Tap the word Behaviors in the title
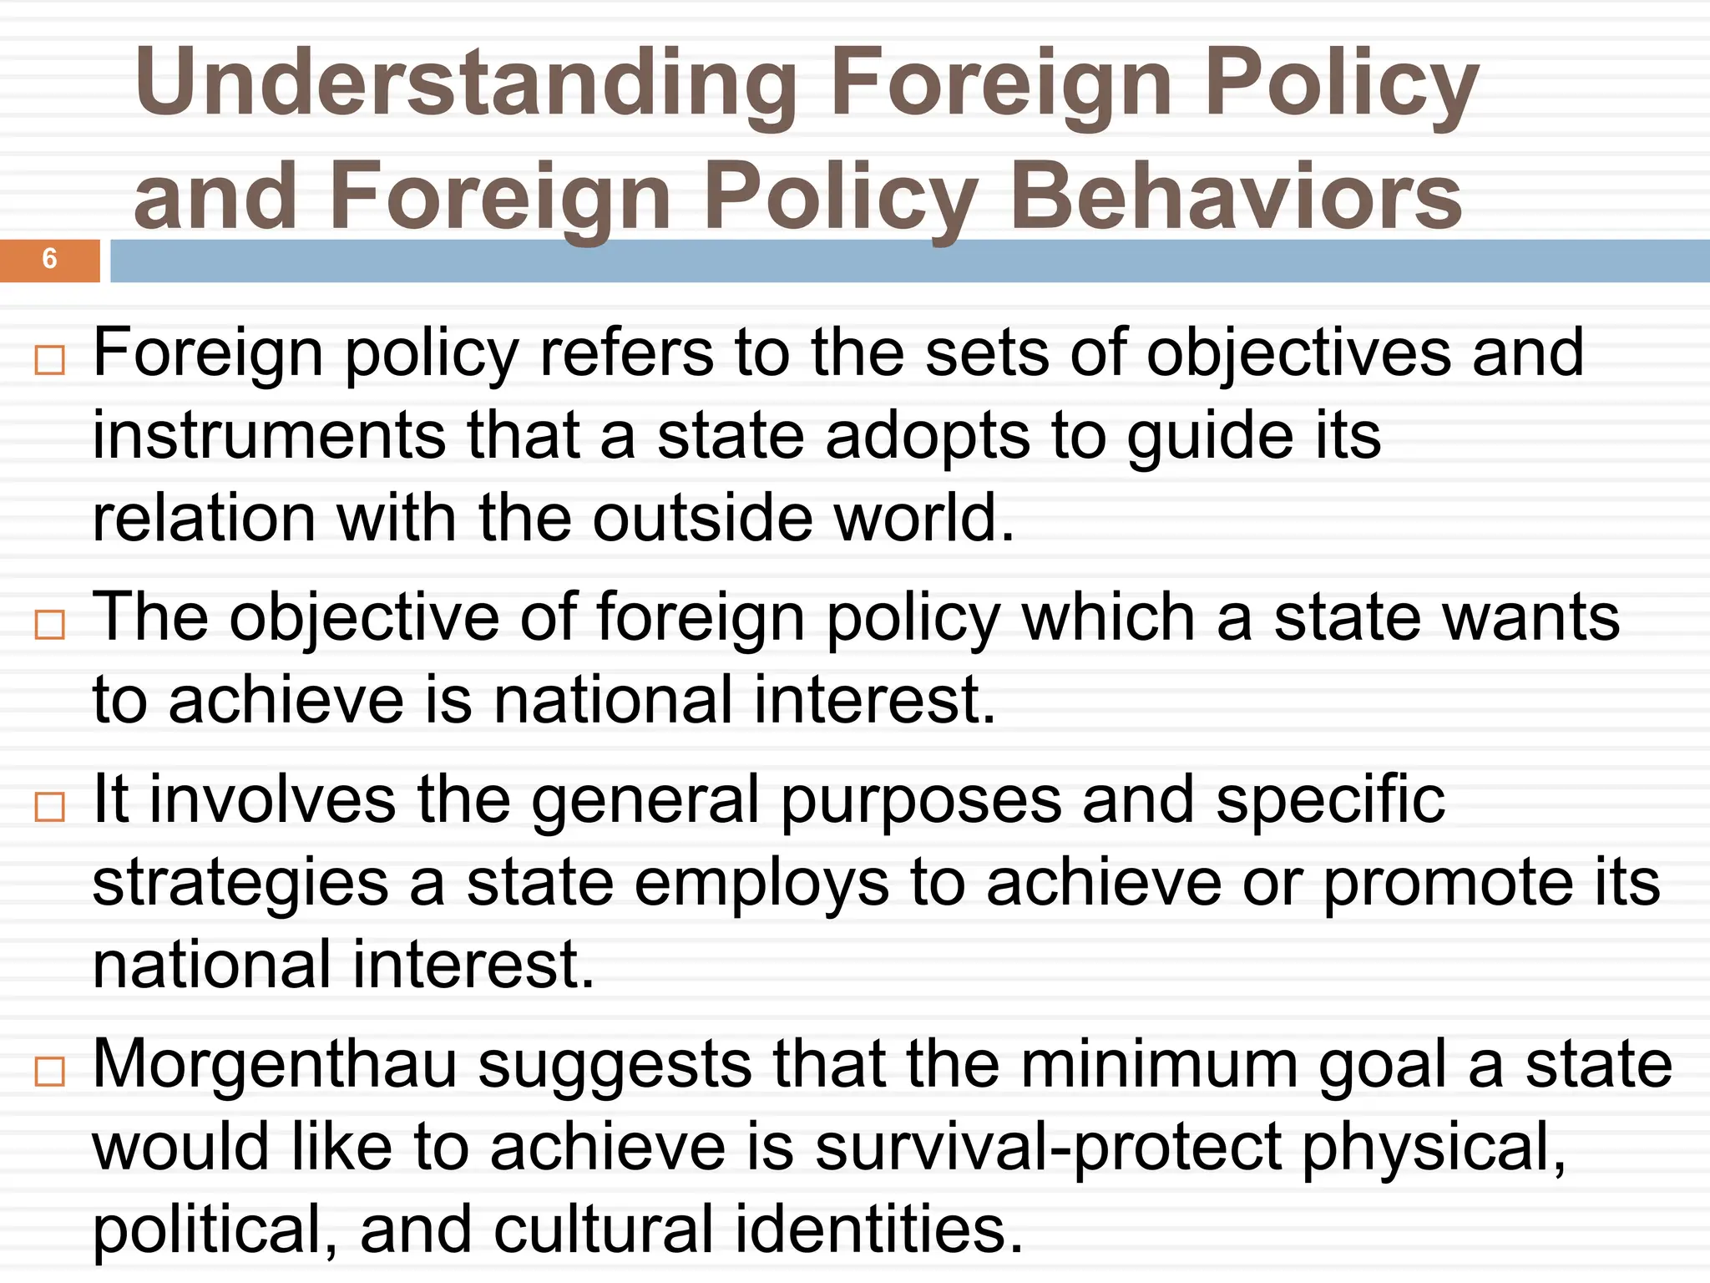click(1236, 197)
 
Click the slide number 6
click(49, 259)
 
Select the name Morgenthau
click(275, 1064)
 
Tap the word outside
click(702, 519)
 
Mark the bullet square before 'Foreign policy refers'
click(50, 361)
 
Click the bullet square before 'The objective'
click(50, 624)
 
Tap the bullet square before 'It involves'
click(50, 807)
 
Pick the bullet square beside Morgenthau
click(50, 1071)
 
